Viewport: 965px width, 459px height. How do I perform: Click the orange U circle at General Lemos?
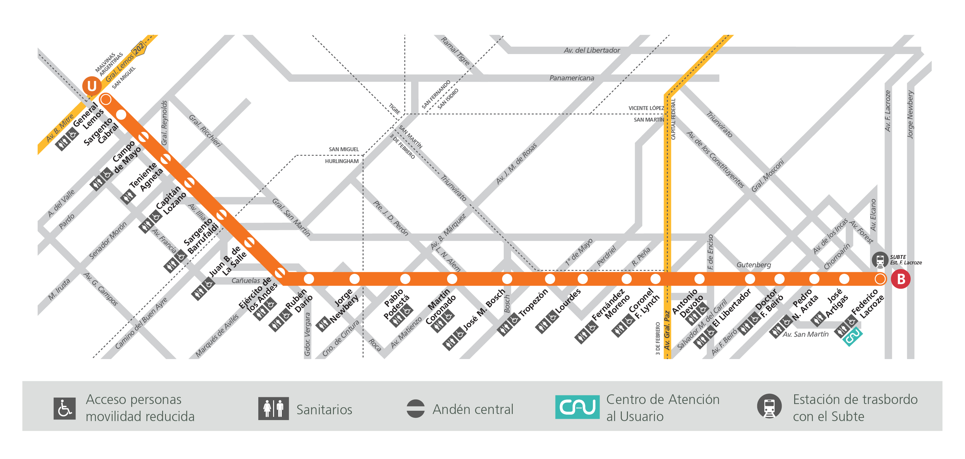(x=92, y=86)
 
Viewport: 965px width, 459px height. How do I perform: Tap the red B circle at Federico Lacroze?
(x=900, y=279)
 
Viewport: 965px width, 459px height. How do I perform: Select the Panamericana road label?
(x=571, y=78)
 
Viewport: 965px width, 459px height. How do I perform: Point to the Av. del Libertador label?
(x=592, y=50)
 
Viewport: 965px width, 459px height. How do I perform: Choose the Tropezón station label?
(x=533, y=302)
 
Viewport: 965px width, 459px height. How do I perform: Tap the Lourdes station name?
(x=568, y=301)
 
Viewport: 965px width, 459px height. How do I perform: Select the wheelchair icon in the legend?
(x=64, y=409)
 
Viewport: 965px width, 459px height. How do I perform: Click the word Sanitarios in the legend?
(x=324, y=409)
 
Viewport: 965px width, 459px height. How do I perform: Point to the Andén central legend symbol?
(x=416, y=409)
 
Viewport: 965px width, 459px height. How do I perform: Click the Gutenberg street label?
(x=753, y=265)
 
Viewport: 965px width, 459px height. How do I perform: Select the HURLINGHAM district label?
(x=342, y=161)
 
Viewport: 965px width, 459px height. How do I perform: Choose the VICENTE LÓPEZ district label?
(x=646, y=108)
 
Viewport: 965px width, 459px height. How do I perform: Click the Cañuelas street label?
(x=245, y=281)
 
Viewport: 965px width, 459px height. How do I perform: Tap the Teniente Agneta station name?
(x=146, y=177)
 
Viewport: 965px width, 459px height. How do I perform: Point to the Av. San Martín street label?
(x=805, y=334)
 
